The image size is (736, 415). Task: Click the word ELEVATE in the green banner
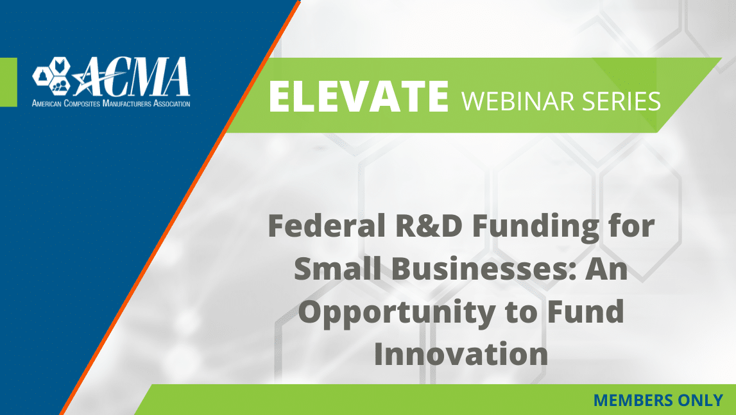(x=359, y=96)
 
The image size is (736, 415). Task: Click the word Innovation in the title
(x=461, y=354)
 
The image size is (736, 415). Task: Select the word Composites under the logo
(x=81, y=103)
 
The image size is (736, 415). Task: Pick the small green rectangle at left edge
(x=8, y=82)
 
